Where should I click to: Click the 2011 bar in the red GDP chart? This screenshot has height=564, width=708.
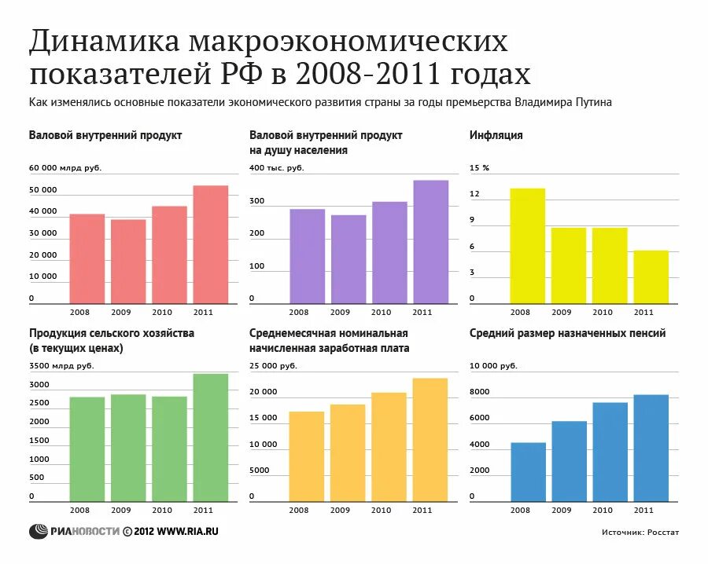[210, 244]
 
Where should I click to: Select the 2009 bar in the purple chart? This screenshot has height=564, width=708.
[348, 259]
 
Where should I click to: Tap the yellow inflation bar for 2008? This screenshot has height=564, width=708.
[527, 246]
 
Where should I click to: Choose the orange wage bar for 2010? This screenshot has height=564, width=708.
[389, 447]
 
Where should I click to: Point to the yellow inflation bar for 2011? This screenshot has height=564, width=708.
[651, 277]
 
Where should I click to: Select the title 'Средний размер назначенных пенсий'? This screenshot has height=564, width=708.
[567, 333]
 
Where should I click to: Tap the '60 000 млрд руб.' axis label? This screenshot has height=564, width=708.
[65, 168]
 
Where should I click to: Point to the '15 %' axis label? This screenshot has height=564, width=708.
[479, 168]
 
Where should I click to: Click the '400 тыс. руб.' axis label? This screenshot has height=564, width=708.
[276, 168]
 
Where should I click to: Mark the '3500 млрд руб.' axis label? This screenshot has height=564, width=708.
[61, 366]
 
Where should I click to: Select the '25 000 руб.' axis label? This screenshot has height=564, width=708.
[273, 366]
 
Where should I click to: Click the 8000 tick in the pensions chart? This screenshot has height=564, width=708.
[479, 392]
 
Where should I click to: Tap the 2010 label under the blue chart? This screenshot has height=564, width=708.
[602, 511]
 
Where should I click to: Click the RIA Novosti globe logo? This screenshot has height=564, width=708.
[39, 531]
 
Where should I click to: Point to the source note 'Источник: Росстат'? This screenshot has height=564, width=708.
[640, 532]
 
